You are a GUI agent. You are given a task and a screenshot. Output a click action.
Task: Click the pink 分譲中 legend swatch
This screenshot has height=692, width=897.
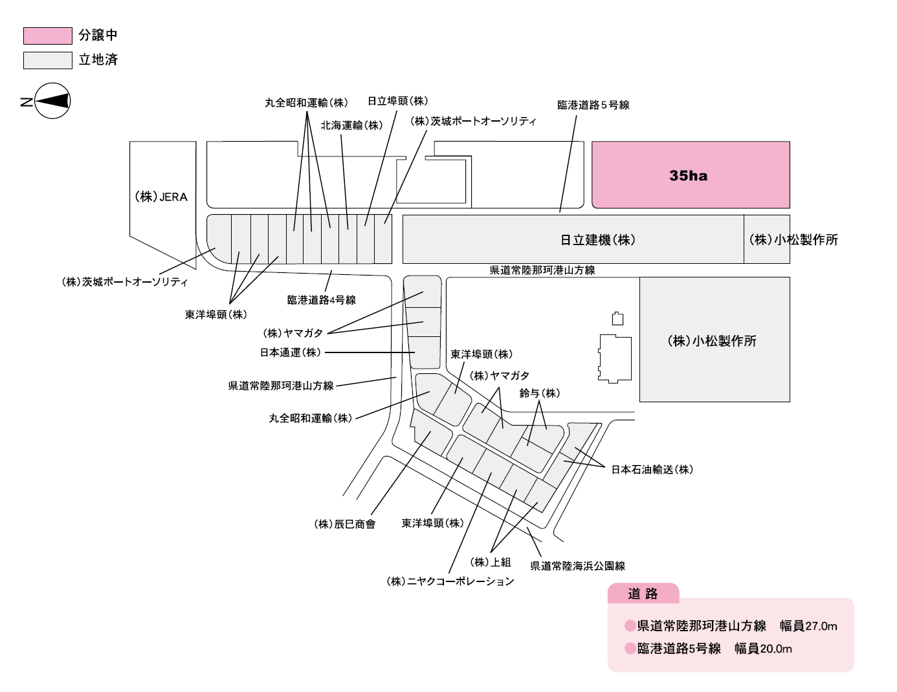[47, 36]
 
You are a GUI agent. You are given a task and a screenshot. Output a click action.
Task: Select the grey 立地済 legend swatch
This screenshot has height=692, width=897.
[47, 60]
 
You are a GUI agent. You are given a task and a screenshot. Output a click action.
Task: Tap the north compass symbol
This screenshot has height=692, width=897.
[52, 101]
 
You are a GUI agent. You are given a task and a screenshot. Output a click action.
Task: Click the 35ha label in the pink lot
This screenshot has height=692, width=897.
[688, 176]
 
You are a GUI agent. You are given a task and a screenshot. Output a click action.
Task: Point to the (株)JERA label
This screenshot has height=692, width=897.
[161, 197]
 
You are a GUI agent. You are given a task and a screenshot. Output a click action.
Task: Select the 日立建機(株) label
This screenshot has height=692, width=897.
[597, 240]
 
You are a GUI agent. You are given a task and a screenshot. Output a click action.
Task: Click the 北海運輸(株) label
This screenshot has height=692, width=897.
[351, 125]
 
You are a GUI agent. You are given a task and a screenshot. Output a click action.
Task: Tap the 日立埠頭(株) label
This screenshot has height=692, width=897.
[397, 101]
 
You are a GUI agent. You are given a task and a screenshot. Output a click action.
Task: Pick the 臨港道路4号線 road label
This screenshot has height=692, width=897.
[321, 300]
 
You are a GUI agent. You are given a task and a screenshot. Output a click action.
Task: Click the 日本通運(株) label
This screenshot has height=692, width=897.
[290, 352]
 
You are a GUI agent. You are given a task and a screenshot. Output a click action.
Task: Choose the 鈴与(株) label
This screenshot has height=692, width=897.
[540, 393]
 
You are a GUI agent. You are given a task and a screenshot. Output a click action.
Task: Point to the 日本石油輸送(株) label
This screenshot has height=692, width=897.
[652, 470]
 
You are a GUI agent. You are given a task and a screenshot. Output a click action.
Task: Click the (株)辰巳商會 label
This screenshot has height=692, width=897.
[344, 524]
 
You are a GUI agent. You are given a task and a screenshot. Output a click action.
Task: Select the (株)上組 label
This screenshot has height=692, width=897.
[491, 562]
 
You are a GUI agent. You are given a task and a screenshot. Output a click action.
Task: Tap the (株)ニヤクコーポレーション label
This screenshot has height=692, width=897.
[450, 581]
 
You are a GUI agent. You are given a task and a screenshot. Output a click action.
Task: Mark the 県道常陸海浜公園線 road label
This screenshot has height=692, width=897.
[577, 566]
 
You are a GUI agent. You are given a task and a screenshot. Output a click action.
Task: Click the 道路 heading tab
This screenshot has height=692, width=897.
[643, 594]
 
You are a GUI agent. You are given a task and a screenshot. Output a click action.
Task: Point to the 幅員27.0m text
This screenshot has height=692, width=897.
[808, 626]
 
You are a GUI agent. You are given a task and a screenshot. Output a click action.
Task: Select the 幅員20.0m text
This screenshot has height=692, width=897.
[763, 649]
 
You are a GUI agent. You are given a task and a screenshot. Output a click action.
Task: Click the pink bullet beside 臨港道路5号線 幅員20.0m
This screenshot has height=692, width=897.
[630, 649]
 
